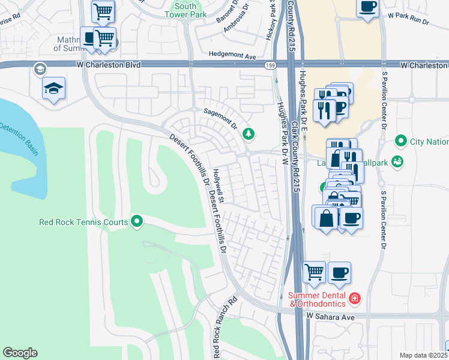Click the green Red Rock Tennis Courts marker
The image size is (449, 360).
(137, 222)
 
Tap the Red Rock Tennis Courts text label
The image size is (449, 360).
(83, 222)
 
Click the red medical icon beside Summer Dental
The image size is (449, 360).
(355, 298)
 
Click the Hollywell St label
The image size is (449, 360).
(218, 185)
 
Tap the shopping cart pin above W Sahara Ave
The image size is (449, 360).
(315, 272)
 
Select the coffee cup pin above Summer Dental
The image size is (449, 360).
(339, 272)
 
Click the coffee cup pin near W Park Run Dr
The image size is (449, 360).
(367, 7)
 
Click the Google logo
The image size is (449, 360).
(20, 353)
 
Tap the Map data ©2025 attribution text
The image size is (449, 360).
(424, 355)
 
